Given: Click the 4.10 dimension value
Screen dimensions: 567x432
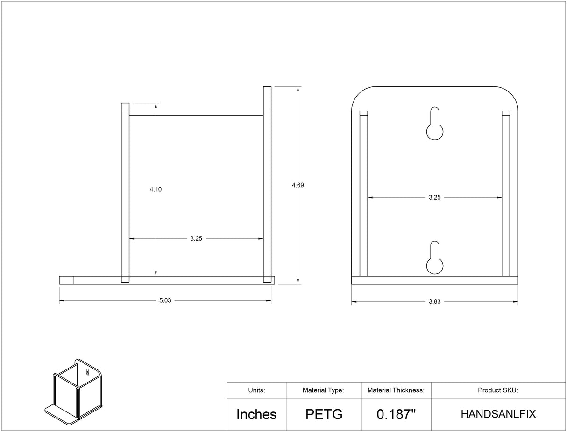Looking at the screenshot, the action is [156, 189].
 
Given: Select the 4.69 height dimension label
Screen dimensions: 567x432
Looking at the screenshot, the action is [298, 185].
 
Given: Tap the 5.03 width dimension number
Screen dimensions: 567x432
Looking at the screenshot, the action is [165, 300].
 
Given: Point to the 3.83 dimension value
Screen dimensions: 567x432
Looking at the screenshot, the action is [435, 301].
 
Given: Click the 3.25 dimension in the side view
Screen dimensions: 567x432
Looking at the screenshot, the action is [196, 238].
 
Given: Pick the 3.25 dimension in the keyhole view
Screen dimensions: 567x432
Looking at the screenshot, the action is [435, 197].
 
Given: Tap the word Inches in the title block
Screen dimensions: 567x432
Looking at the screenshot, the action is [256, 414].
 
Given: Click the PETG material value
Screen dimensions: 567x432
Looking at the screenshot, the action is [324, 414].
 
